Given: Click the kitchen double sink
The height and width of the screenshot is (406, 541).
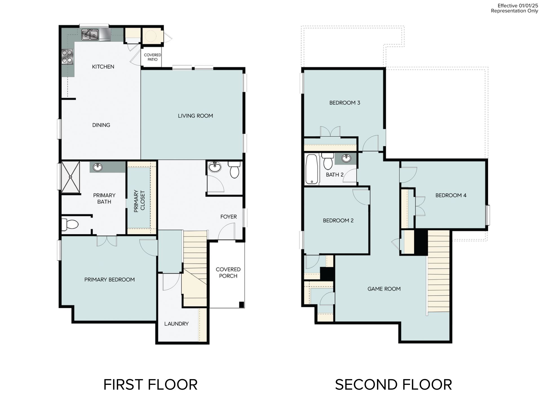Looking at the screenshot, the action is (x=90, y=35).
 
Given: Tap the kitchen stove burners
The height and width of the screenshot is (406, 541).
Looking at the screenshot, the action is (x=67, y=57).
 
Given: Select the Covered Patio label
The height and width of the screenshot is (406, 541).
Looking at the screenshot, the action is (x=152, y=57).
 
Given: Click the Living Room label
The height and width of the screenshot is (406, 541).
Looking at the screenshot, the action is (x=195, y=116).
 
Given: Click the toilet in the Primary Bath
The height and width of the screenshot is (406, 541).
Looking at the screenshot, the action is (x=70, y=224).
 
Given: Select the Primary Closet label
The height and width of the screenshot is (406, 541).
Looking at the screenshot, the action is (x=139, y=201).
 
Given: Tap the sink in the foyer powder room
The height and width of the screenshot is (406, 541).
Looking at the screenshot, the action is (x=215, y=167).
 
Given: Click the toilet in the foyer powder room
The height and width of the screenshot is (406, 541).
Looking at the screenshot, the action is (x=234, y=169).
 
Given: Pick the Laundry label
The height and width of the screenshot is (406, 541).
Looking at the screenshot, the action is (x=176, y=324).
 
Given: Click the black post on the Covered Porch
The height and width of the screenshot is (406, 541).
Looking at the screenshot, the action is (x=241, y=305).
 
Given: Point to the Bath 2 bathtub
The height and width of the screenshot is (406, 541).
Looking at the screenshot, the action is (x=312, y=169).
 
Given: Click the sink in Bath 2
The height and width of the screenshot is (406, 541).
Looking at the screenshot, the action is (x=346, y=158).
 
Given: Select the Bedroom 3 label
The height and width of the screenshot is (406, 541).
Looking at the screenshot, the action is (x=345, y=103).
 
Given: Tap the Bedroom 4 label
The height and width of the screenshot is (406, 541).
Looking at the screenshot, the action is (x=451, y=195).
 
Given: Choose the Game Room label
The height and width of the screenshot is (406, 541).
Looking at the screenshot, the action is (x=384, y=289).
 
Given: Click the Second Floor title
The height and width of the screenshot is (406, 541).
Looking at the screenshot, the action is (x=393, y=385).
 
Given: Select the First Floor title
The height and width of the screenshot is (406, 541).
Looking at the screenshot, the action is (x=150, y=385).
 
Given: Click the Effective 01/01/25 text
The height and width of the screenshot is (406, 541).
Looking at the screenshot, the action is (x=518, y=6).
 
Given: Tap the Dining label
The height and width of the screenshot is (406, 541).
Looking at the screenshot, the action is (x=101, y=125).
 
